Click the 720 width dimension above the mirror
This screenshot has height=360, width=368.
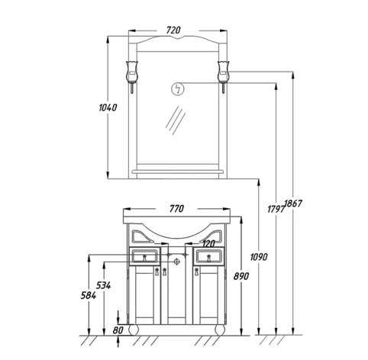tap(173, 30)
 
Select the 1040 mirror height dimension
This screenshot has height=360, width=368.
tap(108, 108)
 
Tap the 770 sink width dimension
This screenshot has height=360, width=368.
tap(176, 209)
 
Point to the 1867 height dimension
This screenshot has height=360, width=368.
tap(293, 204)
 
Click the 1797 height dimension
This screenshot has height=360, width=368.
tap(276, 209)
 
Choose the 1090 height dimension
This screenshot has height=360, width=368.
tap(259, 257)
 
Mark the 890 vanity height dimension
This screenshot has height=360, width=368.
tap(241, 276)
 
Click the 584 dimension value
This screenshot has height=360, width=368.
tap(89, 295)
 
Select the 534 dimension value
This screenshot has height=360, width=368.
tap(104, 285)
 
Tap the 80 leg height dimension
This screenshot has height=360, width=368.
tap(118, 330)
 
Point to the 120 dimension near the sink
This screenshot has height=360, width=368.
tap(208, 244)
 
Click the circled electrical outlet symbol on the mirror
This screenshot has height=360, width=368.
tap(177, 89)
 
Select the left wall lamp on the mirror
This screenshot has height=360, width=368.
tap(132, 76)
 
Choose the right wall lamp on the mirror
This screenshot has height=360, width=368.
tap(224, 76)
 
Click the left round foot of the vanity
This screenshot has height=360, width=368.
tap(134, 330)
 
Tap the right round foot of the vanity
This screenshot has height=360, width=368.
tap(220, 330)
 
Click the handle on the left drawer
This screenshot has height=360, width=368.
tap(144, 258)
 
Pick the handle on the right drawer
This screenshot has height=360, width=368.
tap(208, 258)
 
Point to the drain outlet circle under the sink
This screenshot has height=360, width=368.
tap(177, 262)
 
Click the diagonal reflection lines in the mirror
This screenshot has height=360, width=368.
tap(176, 120)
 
